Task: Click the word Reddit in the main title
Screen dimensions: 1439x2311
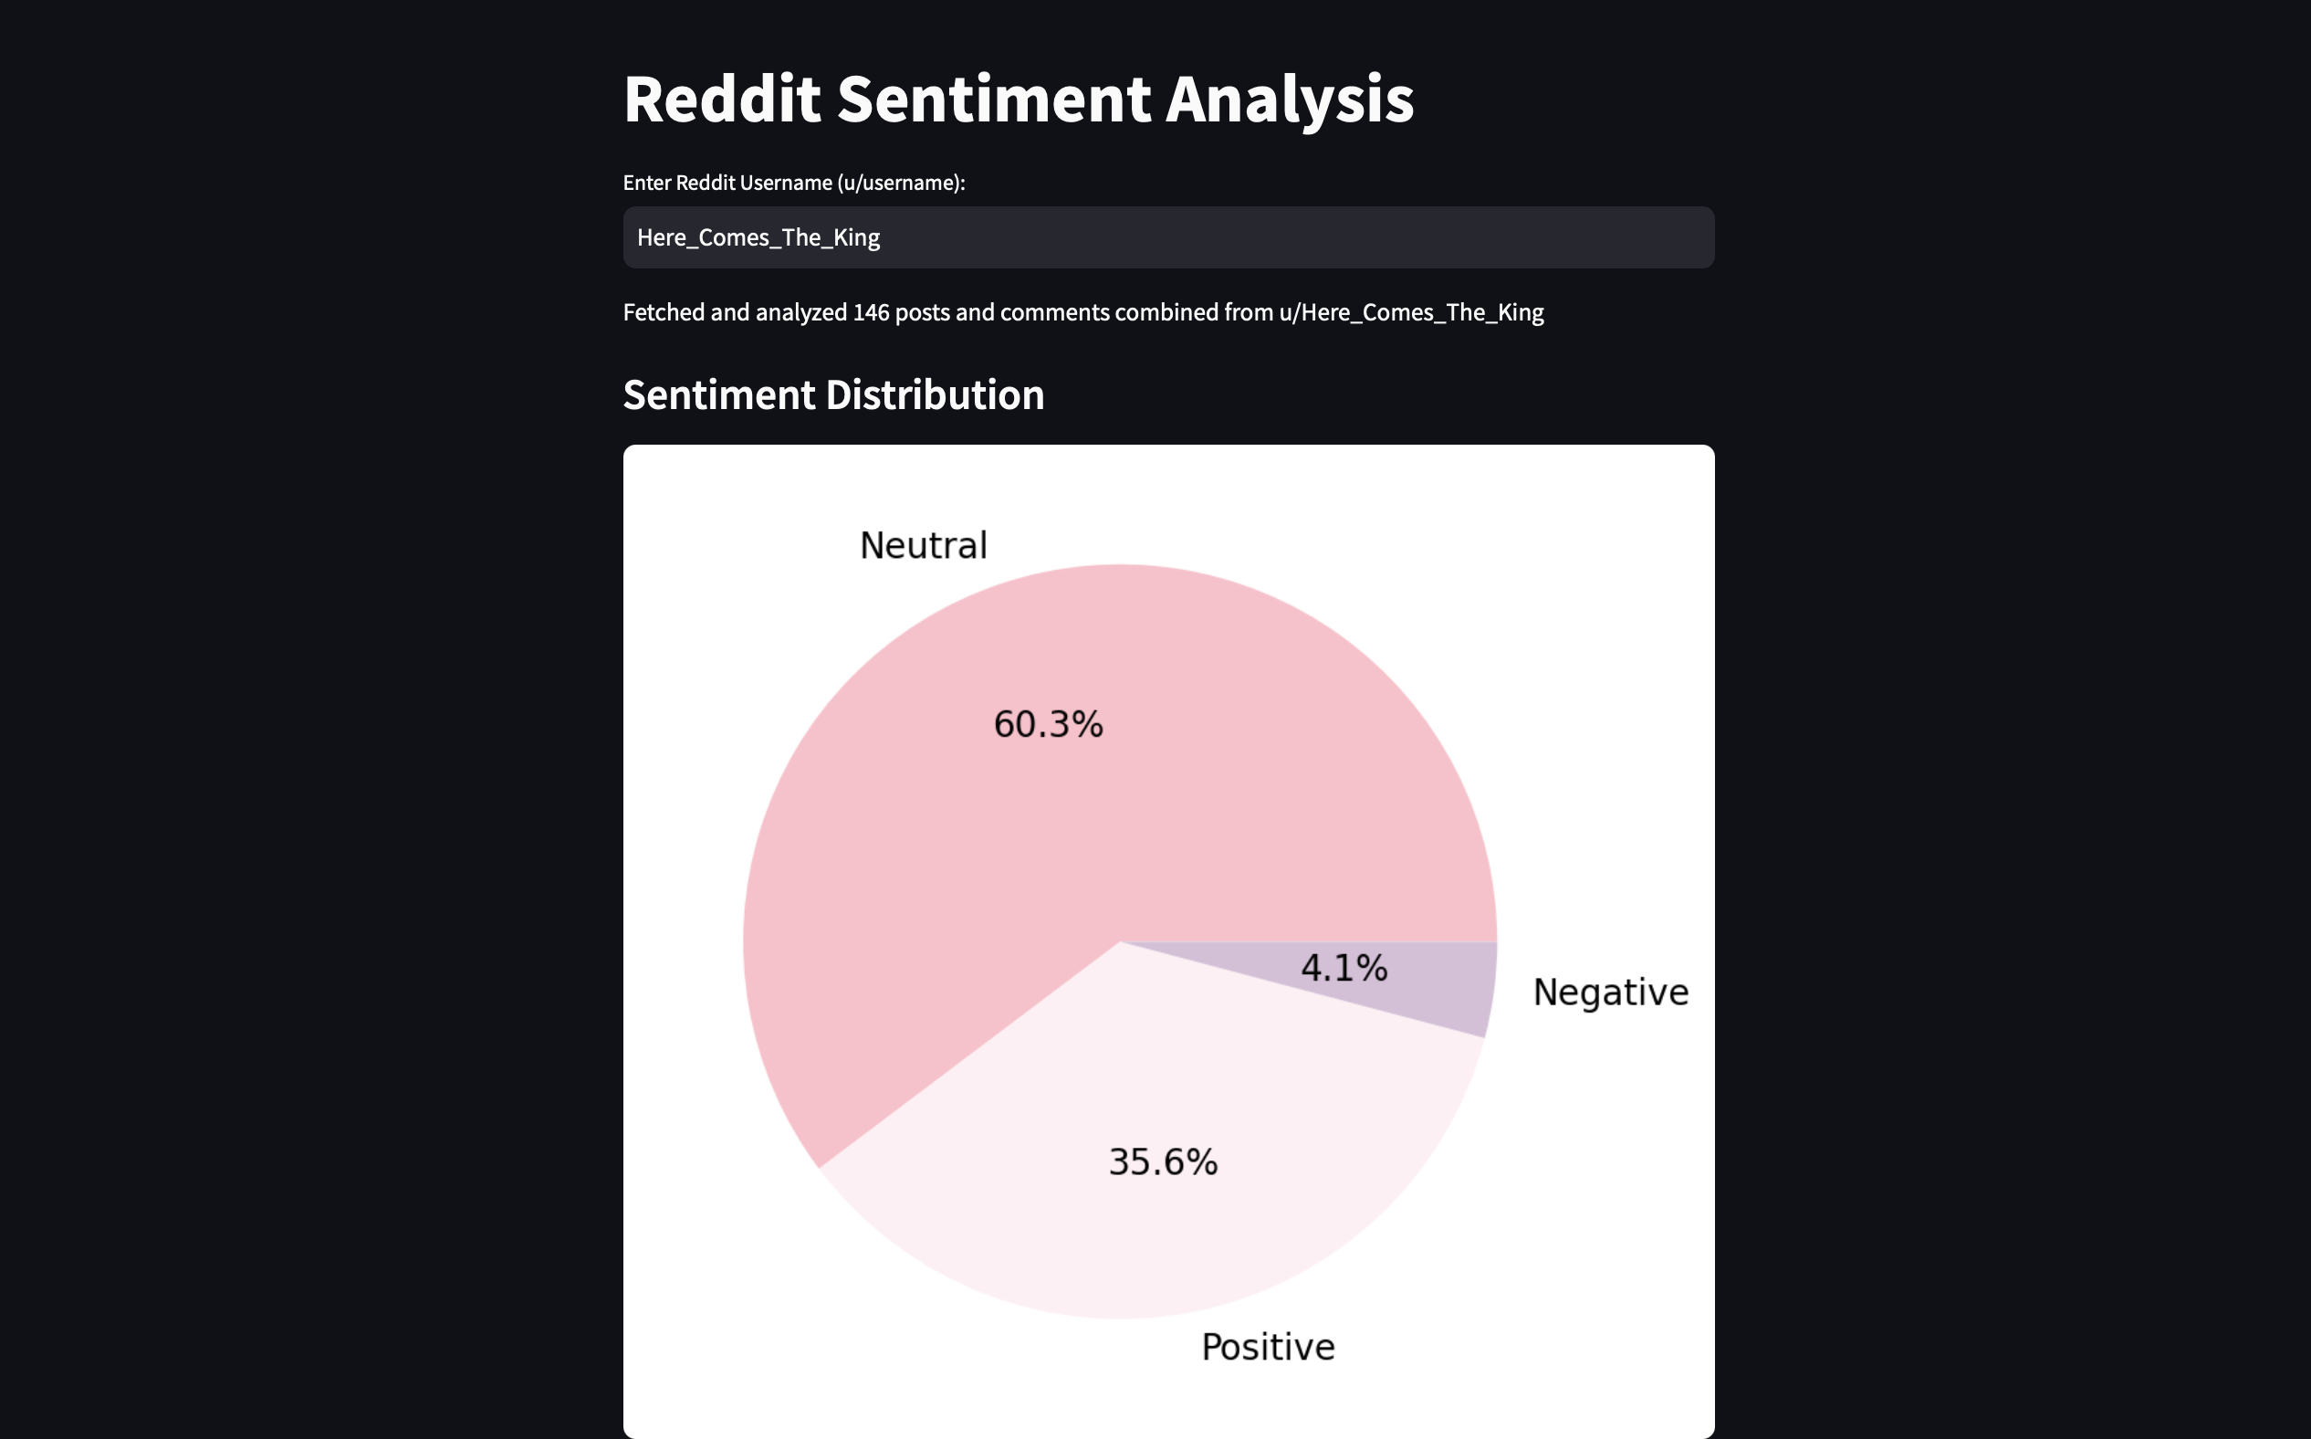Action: [721, 99]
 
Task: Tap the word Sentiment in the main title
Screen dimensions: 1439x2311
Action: [992, 99]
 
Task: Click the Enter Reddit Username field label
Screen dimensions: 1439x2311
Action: [793, 183]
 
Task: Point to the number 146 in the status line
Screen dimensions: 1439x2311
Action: [871, 312]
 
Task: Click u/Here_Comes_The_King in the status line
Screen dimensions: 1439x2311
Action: [1411, 312]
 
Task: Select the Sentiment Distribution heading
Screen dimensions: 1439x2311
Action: [833, 395]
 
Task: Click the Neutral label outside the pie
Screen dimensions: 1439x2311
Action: [923, 545]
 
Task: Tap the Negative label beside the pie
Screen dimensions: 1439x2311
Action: [1610, 992]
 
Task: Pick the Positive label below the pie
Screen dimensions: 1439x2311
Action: [1267, 1347]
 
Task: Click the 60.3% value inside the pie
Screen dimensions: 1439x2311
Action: [1048, 724]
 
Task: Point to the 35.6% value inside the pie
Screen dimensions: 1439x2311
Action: [1163, 1162]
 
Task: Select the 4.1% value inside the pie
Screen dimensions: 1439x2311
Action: [1344, 968]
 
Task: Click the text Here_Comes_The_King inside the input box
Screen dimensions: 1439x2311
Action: [758, 238]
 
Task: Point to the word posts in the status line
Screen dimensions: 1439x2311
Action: [922, 312]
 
